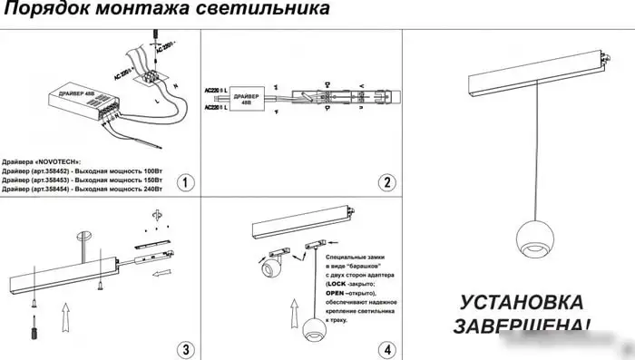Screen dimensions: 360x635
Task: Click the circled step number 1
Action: [x=185, y=182]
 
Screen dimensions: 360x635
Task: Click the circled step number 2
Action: [x=387, y=182]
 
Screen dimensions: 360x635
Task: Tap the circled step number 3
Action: [x=185, y=348]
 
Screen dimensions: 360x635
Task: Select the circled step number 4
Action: [x=387, y=348]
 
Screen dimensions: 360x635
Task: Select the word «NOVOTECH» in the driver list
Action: [x=55, y=161]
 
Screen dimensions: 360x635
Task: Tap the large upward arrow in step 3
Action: [x=63, y=320]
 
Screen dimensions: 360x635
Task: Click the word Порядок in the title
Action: [x=43, y=12]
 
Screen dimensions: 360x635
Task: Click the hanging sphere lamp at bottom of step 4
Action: [x=313, y=332]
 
